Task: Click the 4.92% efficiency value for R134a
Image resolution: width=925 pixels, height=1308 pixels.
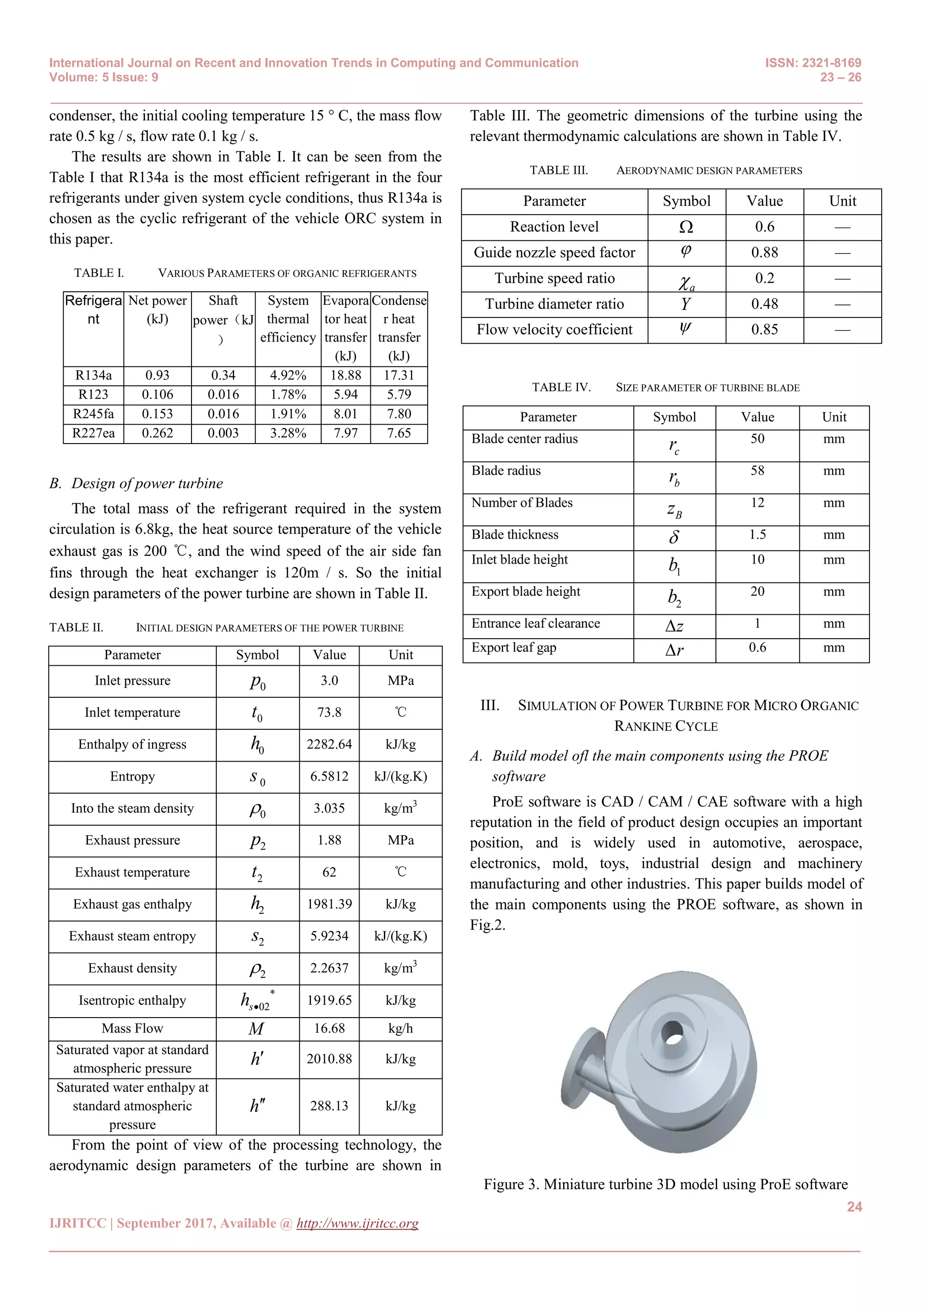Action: [288, 375]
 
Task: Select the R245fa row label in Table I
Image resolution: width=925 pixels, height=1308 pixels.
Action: [93, 414]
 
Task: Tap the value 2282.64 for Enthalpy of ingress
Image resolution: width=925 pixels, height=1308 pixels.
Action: [329, 745]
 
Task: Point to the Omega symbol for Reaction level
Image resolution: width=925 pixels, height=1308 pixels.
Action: [687, 227]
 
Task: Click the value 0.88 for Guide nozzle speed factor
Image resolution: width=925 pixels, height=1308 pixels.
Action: [764, 252]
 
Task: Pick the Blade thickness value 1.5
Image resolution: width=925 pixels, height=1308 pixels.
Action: [757, 535]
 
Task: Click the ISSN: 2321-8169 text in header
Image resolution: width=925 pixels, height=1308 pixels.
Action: [813, 63]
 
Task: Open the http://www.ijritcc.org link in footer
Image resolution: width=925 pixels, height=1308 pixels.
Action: [357, 1224]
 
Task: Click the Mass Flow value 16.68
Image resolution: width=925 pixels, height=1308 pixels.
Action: [329, 1028]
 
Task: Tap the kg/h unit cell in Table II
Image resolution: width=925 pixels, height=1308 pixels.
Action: [401, 1028]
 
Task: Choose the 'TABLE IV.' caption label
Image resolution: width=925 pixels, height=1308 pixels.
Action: [561, 388]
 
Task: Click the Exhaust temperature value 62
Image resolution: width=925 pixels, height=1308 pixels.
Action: [329, 872]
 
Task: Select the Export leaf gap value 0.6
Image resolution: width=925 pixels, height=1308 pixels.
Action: [757, 648]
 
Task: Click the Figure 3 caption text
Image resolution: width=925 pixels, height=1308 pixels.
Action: [665, 1184]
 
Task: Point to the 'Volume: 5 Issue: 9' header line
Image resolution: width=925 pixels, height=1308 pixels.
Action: [104, 78]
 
